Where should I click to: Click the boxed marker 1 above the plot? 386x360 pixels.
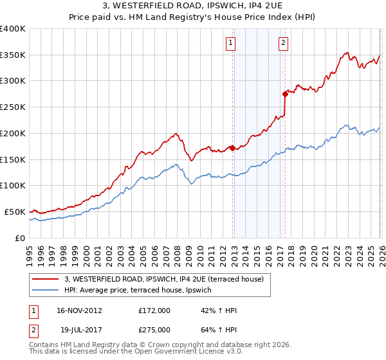click(x=230, y=43)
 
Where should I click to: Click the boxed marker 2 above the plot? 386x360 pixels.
click(x=283, y=43)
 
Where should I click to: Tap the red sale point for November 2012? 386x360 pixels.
click(x=232, y=148)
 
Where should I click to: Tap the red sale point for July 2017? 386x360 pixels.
click(x=285, y=94)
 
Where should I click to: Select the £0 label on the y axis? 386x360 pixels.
click(x=21, y=238)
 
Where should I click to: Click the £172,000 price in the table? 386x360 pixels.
click(x=154, y=310)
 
